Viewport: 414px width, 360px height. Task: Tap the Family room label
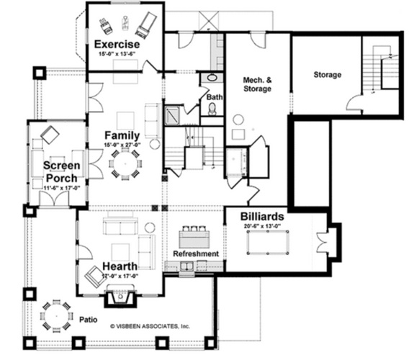[x=121, y=135]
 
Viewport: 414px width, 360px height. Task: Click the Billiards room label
[x=261, y=216]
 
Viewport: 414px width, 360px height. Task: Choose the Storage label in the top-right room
[x=328, y=74]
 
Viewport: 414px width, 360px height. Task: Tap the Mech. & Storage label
[x=257, y=84]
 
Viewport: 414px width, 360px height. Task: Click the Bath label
[x=215, y=97]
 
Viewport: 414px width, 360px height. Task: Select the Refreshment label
[x=195, y=253]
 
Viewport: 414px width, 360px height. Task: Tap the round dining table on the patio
[x=55, y=315]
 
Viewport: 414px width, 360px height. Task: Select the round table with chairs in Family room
[x=126, y=166]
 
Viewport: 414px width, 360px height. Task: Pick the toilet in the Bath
[x=213, y=109]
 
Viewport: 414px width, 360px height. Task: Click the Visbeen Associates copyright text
[x=150, y=326]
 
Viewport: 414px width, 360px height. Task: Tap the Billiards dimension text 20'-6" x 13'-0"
[x=261, y=227]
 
